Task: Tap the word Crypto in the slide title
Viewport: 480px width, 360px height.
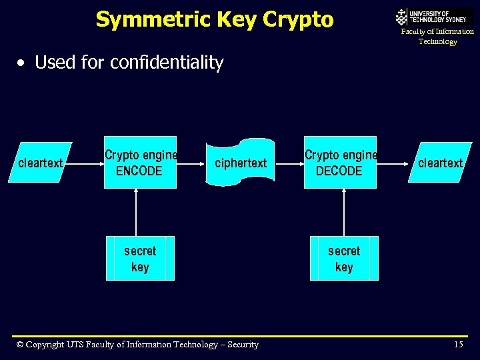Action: (298, 19)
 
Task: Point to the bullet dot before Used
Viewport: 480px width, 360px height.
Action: (22, 63)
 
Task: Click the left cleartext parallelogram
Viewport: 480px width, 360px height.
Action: (40, 163)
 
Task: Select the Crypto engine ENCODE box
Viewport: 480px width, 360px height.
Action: (140, 162)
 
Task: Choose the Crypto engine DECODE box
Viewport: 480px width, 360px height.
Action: (340, 162)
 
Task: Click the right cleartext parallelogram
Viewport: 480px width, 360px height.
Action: (441, 162)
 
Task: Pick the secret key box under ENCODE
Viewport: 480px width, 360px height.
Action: (140, 258)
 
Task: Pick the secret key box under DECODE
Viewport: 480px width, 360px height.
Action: (344, 258)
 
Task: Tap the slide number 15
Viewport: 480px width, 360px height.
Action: (458, 345)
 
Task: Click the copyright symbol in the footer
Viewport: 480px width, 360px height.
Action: (19, 345)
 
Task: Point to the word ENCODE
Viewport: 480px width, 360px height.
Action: (139, 171)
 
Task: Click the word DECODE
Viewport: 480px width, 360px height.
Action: (339, 171)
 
